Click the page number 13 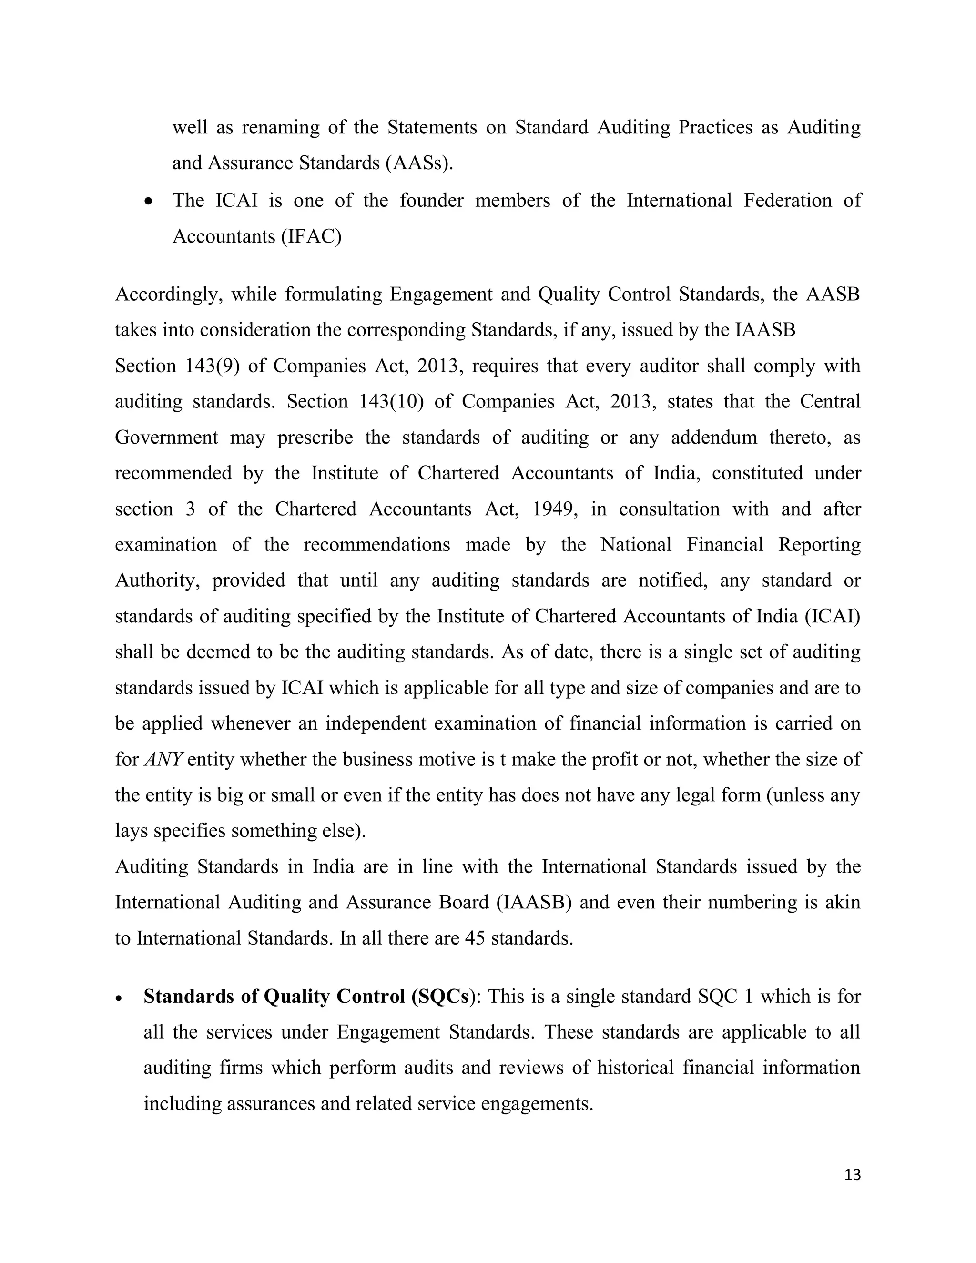852,1174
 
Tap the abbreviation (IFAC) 312,236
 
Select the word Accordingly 169,295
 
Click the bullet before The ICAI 149,202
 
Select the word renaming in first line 280,127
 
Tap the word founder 431,201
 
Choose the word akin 844,903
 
